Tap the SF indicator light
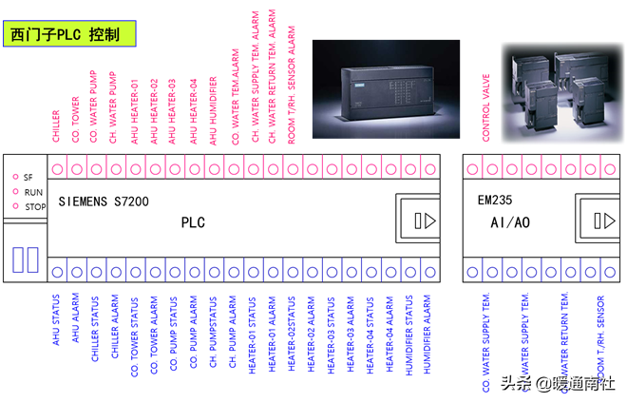tap(16, 177)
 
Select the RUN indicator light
tap(16, 191)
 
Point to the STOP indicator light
tap(16, 206)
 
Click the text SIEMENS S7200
tap(103, 201)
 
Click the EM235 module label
tap(495, 201)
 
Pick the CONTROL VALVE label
tap(485, 109)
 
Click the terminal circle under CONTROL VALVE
tap(485, 169)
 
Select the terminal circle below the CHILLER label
tap(56, 169)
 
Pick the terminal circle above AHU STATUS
tap(56, 272)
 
